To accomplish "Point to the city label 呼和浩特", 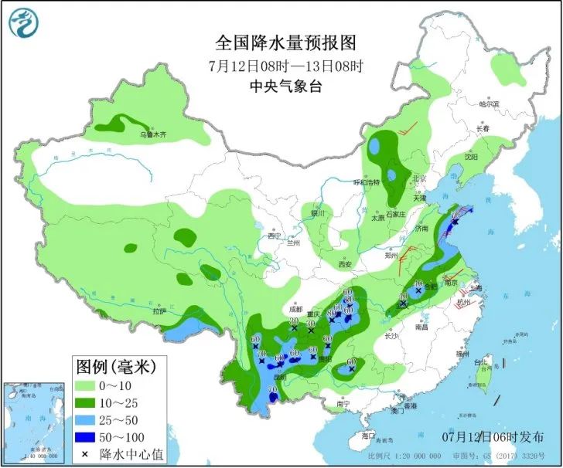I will (x=367, y=183).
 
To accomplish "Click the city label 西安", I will (x=344, y=265).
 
